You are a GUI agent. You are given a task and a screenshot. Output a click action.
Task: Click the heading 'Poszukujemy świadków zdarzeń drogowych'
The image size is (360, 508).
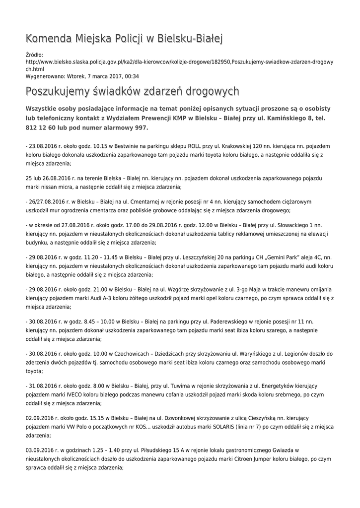(132, 91)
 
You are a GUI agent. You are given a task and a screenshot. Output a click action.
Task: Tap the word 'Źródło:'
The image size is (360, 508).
(34, 55)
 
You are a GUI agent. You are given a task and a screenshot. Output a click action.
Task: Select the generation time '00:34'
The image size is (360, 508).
(132, 76)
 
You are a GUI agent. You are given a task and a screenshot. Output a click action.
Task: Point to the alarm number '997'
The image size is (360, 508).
(142, 127)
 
